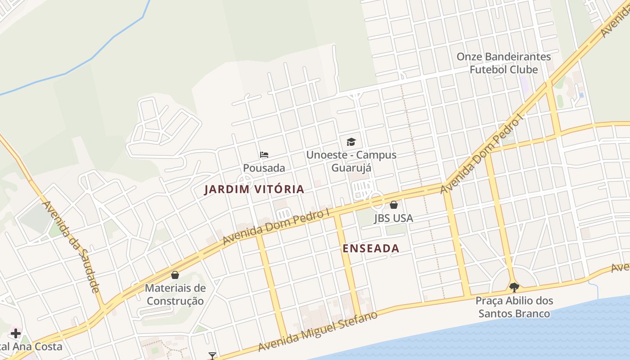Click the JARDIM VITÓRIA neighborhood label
pos(254,189)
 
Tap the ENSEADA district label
pos(371,248)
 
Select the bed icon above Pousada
pos(264,155)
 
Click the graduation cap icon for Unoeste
pos(351,142)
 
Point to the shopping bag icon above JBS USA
pos(394,205)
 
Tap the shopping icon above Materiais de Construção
pos(175,274)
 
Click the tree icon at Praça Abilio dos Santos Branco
pos(514,287)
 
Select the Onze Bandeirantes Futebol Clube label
pos(504,63)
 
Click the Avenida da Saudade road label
pos(70,246)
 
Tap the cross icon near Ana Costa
pos(16,333)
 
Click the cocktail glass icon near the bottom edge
pos(212,356)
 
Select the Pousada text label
pos(264,168)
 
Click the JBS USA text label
pos(393,218)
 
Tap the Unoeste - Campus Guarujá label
pos(351,161)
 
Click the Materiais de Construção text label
pos(175,294)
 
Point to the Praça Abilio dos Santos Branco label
pos(514,307)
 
